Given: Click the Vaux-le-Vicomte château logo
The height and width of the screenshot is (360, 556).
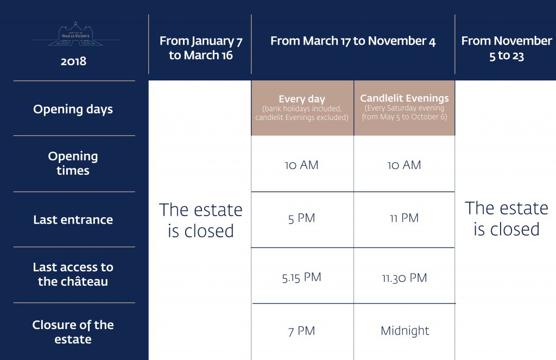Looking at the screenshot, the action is (75, 34).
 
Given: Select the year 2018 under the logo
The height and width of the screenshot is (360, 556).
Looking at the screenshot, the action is (73, 61).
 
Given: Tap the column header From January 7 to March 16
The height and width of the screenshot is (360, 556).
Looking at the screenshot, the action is (201, 48).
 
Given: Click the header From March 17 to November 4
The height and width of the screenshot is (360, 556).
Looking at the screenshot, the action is (353, 41).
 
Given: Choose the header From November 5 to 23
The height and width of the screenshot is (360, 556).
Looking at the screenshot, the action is (507, 48).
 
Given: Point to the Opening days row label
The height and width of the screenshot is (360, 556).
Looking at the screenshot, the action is (73, 109).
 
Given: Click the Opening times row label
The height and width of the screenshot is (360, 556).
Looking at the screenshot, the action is (73, 163).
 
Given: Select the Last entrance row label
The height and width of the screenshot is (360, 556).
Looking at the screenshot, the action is (73, 219).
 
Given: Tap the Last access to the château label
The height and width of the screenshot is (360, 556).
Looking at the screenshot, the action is (73, 274).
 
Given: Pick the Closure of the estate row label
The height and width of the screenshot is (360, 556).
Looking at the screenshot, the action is (73, 332).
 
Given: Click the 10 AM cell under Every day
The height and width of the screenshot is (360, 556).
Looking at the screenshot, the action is (301, 165).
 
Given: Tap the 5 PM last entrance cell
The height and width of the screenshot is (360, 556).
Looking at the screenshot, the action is (301, 218).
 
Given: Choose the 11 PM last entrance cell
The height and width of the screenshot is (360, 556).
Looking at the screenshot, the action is (404, 218).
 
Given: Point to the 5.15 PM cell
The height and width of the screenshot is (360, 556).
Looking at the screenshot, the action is (301, 277).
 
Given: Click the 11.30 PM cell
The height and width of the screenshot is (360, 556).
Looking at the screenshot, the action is (404, 277).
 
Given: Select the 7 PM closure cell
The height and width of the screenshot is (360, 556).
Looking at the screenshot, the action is (301, 331).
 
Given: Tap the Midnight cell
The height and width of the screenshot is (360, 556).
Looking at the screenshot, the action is (405, 331).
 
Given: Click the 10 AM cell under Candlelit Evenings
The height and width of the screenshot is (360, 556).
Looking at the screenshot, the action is (404, 165).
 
